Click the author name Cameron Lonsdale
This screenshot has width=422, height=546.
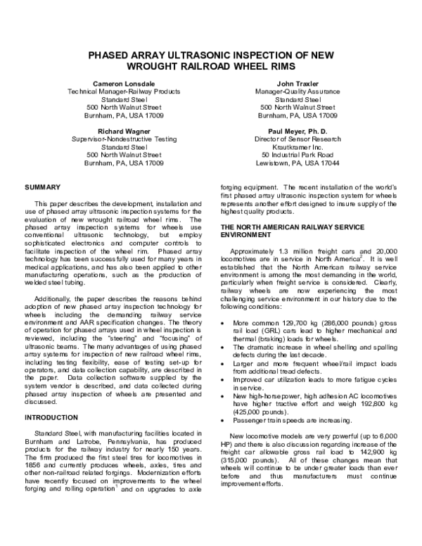(x=124, y=83)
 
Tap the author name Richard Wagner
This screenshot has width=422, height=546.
(x=124, y=131)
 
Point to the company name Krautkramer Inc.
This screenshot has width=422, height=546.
(x=295, y=147)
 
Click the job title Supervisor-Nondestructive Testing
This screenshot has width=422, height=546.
(x=124, y=139)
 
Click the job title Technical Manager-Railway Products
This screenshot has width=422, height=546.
(x=124, y=91)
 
